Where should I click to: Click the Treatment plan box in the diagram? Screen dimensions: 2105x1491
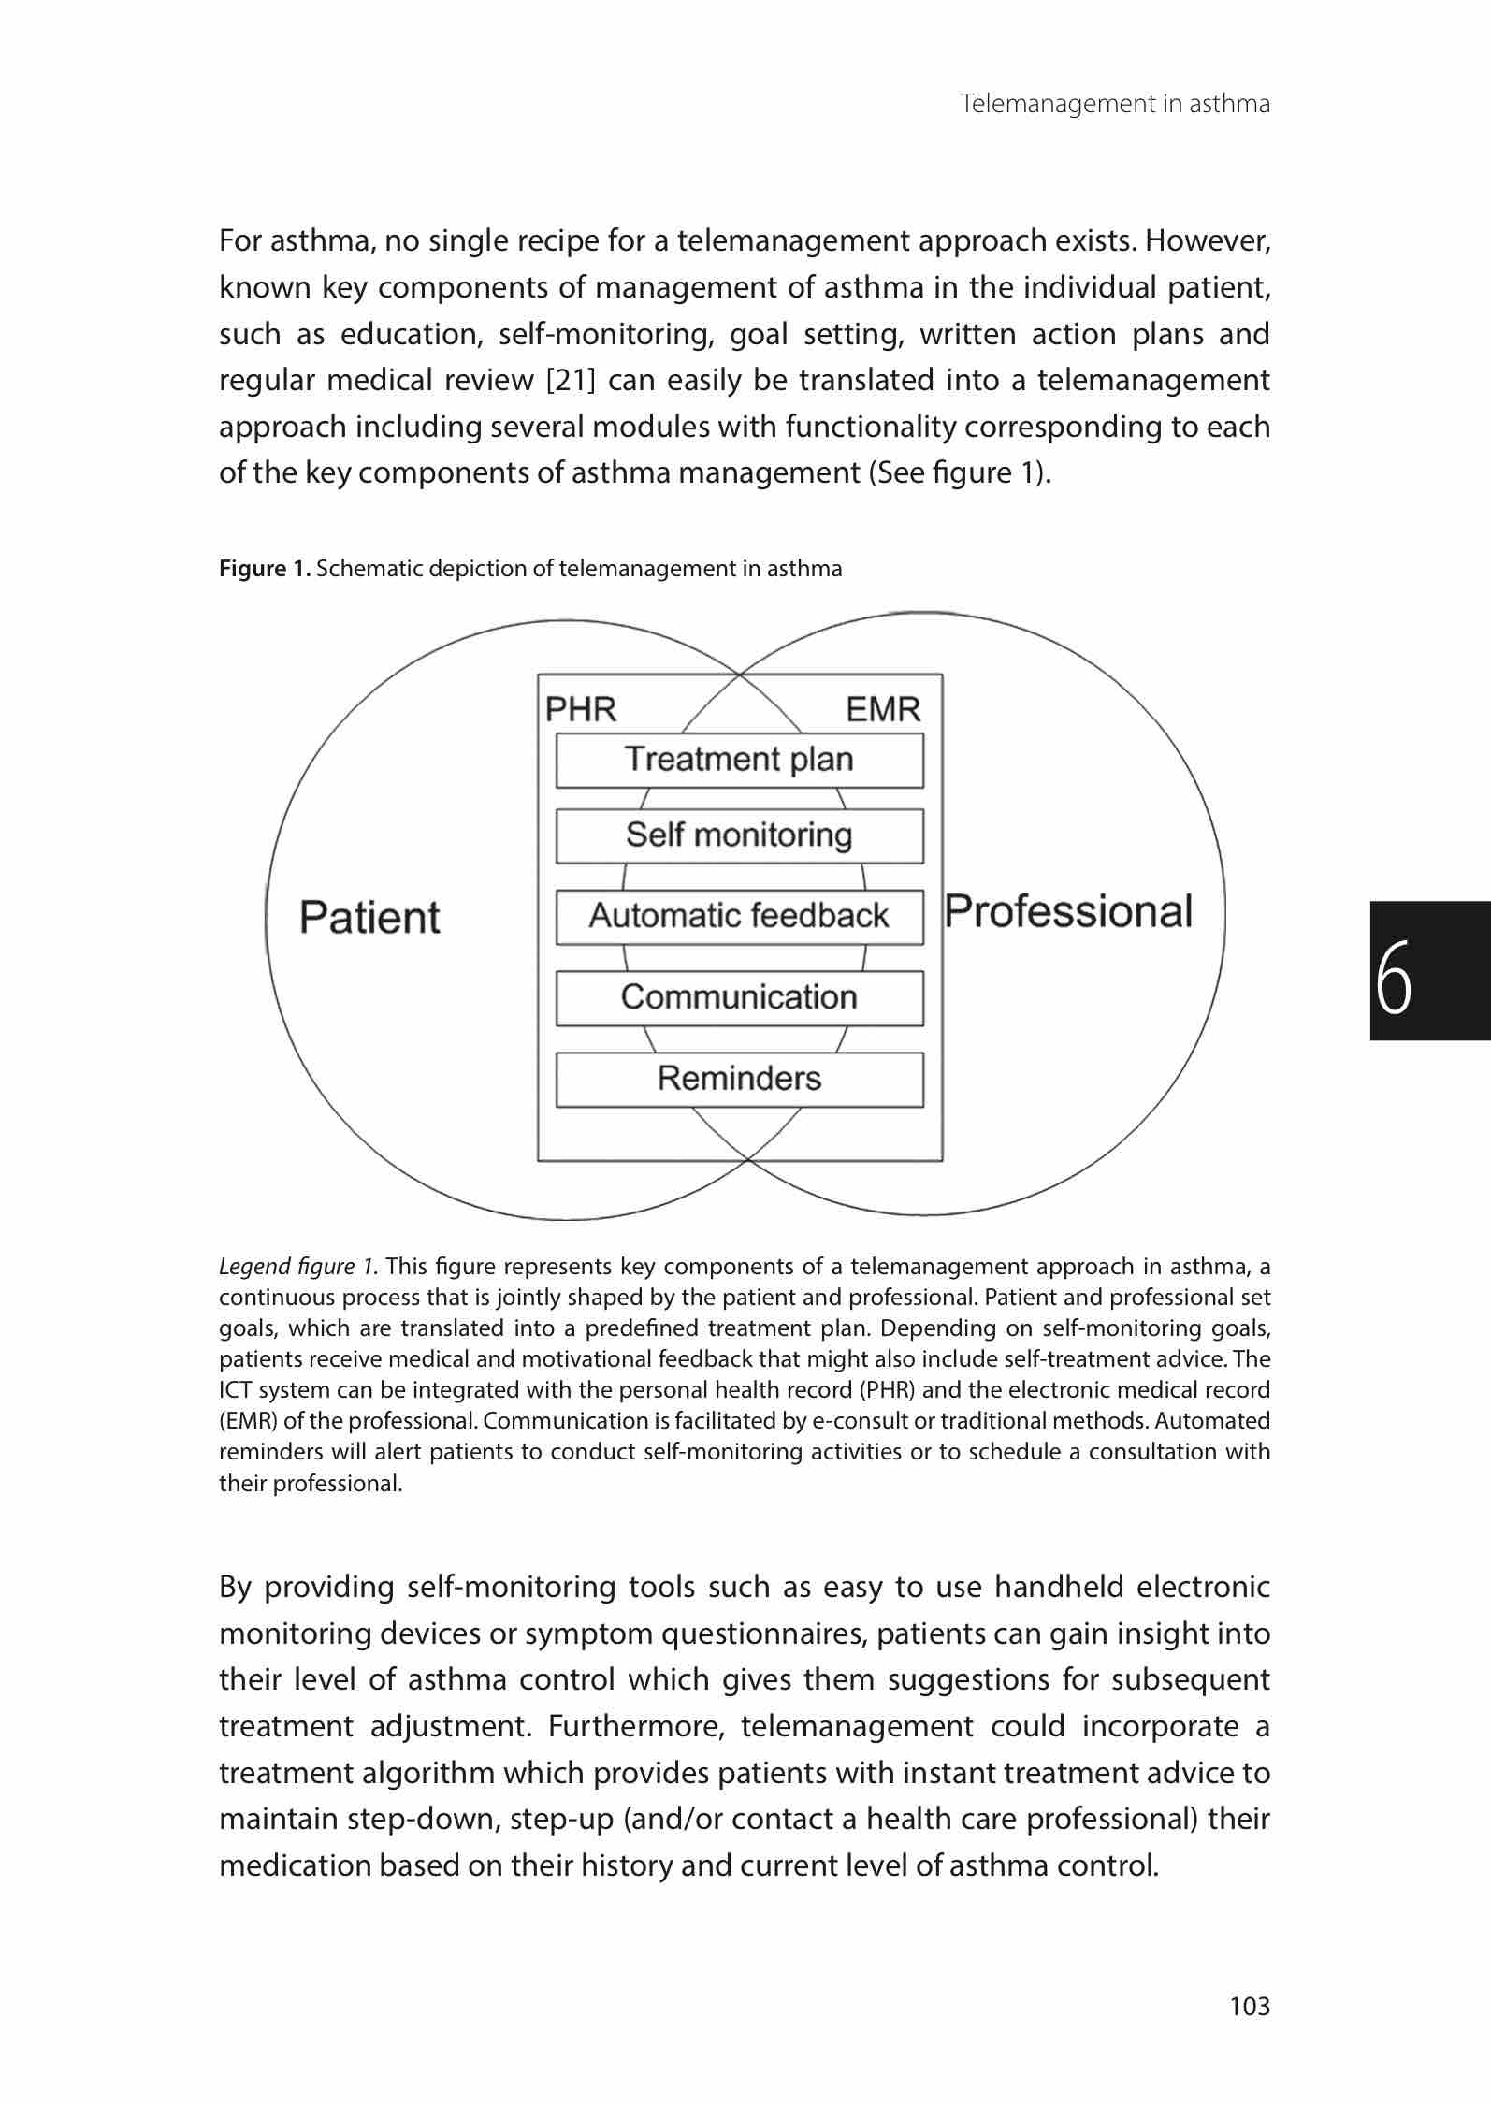point(739,760)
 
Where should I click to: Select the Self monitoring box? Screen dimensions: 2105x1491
point(739,835)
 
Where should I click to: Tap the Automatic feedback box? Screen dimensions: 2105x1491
point(739,916)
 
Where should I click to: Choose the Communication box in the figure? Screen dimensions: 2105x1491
point(739,997)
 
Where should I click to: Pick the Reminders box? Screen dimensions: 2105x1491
point(739,1079)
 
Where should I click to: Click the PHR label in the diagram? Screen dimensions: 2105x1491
point(581,710)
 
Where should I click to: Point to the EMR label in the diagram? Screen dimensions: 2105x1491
point(883,710)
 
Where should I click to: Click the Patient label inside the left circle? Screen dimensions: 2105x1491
point(369,917)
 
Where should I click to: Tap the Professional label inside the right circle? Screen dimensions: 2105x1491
point(1068,911)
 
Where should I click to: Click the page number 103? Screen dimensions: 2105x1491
point(1250,2006)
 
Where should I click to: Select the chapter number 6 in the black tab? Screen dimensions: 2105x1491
point(1395,976)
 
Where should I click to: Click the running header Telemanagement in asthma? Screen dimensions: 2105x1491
point(1115,104)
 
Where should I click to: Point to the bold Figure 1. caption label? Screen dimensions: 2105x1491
point(265,569)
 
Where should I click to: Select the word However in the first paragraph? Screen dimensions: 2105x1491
point(1207,241)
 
